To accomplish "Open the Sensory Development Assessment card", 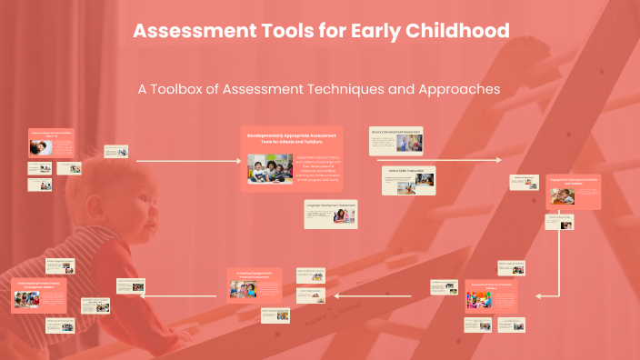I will (396, 141).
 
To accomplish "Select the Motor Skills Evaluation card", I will (408, 180).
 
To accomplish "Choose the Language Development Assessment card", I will (331, 215).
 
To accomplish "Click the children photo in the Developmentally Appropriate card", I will (270, 169).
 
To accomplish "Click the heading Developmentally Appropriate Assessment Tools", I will (292, 137).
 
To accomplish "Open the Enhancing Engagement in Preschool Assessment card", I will (255, 285).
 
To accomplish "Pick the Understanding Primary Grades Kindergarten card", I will (39, 294).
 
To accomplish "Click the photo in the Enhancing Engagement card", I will (244, 290).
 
